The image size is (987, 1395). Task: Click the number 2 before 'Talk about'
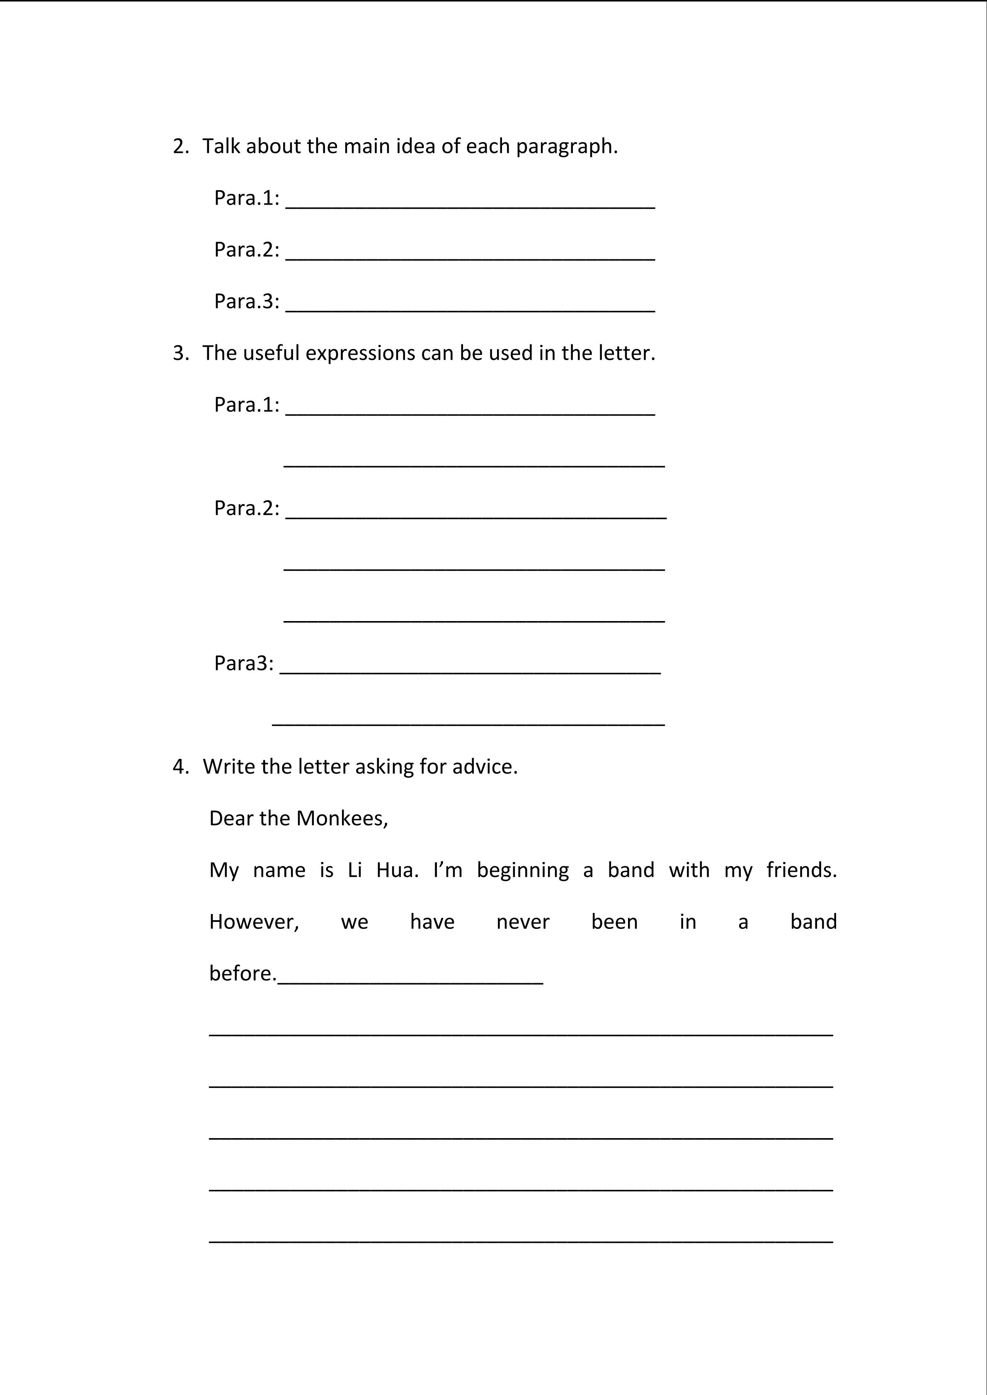(x=179, y=146)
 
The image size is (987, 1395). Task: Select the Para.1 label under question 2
(x=246, y=198)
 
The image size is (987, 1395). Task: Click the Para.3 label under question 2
(x=246, y=301)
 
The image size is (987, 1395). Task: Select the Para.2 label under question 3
(x=246, y=508)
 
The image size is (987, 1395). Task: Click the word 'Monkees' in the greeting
(x=341, y=818)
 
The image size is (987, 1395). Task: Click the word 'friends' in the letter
(x=800, y=870)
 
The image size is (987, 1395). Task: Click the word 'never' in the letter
(x=523, y=922)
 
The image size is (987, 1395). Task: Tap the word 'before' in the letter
(x=241, y=973)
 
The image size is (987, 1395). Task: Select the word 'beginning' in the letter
(x=523, y=870)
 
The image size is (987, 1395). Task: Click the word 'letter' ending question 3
(x=626, y=353)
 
